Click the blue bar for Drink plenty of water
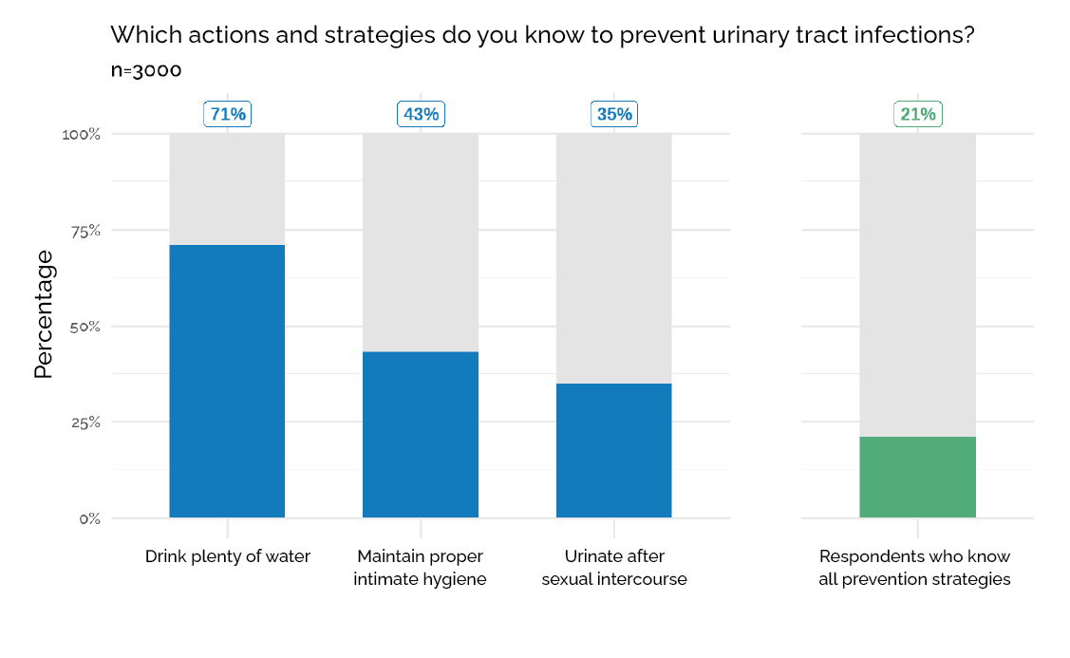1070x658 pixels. (227, 381)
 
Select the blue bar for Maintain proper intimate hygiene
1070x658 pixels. (421, 434)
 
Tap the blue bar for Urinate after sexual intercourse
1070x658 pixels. (613, 450)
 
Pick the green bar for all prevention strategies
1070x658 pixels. (917, 477)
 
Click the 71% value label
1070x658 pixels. (228, 114)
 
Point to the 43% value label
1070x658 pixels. (421, 114)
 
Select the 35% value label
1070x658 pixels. (614, 114)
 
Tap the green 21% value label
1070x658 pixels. (918, 114)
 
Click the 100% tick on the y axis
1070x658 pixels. (81, 135)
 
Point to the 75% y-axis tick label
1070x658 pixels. (84, 231)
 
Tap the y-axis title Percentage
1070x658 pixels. (44, 315)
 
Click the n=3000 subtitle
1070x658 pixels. (145, 70)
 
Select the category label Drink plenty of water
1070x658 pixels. (227, 556)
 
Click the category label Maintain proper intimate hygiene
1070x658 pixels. (420, 568)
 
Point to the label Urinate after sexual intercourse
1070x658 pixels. (613, 568)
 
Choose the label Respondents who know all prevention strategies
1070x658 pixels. (914, 568)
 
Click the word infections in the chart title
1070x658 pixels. (903, 36)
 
